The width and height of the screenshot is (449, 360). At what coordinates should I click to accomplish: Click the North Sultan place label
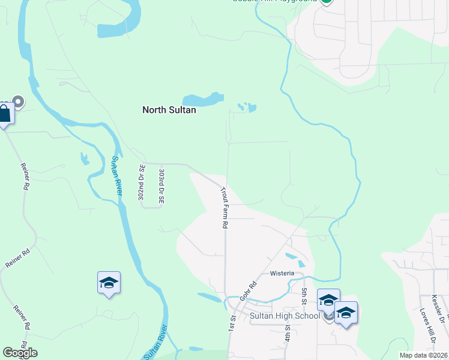pyautogui.click(x=169, y=110)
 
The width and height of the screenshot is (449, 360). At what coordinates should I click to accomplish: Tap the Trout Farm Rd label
pyautogui.click(x=224, y=208)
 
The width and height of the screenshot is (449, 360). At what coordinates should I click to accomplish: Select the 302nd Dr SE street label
pyautogui.click(x=142, y=183)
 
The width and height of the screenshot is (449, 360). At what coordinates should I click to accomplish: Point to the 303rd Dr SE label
pyautogui.click(x=161, y=187)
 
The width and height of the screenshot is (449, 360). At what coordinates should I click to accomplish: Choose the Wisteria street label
pyautogui.click(x=282, y=273)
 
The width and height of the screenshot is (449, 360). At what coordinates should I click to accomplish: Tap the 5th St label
pyautogui.click(x=304, y=295)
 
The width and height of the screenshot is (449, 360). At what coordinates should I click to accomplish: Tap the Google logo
pyautogui.click(x=20, y=353)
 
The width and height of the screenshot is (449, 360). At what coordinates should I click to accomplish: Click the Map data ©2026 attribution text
pyautogui.click(x=423, y=355)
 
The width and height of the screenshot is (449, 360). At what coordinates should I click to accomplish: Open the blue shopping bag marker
pyautogui.click(x=5, y=114)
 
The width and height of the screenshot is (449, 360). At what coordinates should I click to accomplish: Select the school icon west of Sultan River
pyautogui.click(x=109, y=283)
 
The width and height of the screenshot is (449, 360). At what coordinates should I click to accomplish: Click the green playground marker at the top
pyautogui.click(x=326, y=1)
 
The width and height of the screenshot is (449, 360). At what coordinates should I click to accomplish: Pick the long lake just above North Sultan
pyautogui.click(x=203, y=99)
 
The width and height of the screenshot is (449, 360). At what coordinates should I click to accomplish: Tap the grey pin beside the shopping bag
pyautogui.click(x=18, y=103)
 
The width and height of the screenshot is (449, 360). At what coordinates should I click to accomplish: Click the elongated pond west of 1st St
pyautogui.click(x=209, y=297)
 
